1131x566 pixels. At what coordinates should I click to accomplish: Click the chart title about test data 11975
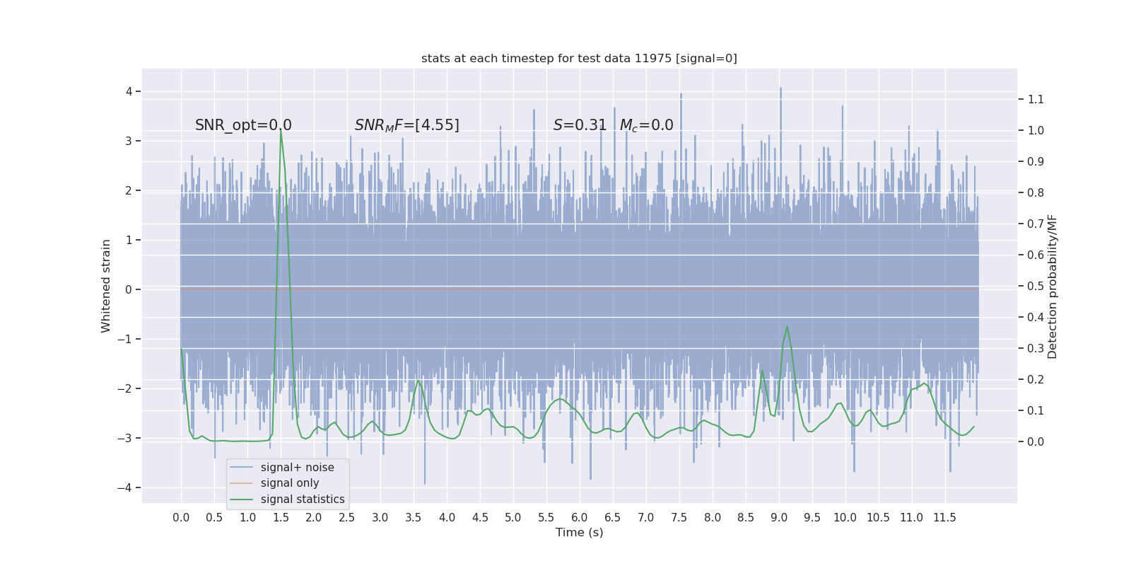click(579, 58)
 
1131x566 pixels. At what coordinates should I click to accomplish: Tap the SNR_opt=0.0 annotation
click(243, 125)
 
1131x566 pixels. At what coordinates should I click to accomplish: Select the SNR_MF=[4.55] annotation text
click(406, 125)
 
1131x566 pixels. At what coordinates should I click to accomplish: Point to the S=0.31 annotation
click(580, 125)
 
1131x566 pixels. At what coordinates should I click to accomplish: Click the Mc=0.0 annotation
click(646, 125)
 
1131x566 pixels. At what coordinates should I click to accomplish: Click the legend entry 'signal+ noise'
click(297, 468)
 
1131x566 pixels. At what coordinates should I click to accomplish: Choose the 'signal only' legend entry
click(290, 483)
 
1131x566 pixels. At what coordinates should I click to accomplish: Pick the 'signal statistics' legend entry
click(303, 499)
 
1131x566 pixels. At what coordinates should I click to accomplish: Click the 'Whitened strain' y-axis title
click(106, 286)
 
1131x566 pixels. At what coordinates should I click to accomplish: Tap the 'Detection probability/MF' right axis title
click(1053, 286)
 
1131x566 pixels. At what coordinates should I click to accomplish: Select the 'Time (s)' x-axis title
click(579, 532)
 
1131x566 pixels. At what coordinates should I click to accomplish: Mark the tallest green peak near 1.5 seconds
click(281, 130)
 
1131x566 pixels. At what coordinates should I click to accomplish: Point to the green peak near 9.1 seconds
click(787, 326)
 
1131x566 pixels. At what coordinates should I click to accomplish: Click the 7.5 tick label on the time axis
click(679, 517)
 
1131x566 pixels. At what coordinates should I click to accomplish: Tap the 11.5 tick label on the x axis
click(944, 517)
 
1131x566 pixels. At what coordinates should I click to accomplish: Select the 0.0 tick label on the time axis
click(181, 517)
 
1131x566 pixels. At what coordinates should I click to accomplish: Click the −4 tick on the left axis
click(127, 487)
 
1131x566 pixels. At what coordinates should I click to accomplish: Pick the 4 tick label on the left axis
click(129, 91)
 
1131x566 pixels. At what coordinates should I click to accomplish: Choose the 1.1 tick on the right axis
click(1036, 99)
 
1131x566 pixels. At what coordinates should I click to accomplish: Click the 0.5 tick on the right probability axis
click(1036, 286)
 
